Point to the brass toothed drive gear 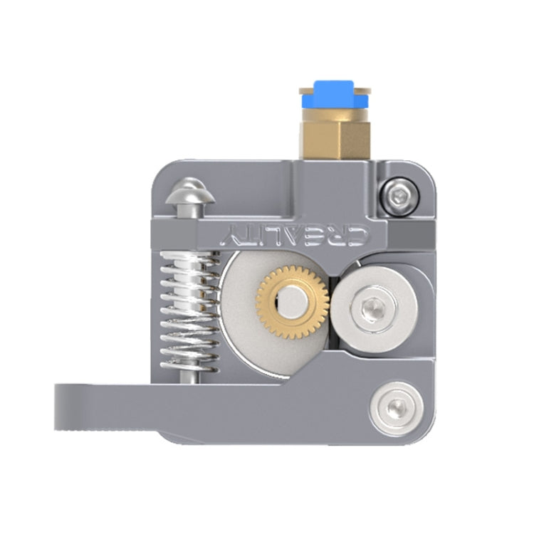pyautogui.click(x=293, y=302)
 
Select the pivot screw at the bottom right pyautogui.click(x=396, y=408)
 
